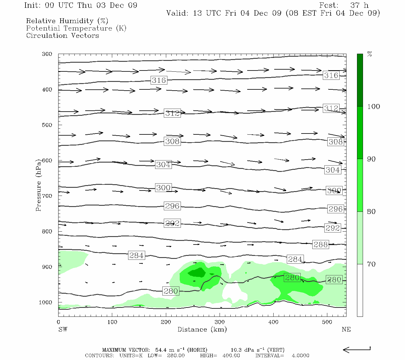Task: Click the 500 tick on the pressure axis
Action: [x=47, y=125]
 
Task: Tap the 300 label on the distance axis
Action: [x=220, y=322]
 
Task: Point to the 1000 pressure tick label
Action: [x=45, y=302]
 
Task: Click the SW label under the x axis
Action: [x=63, y=329]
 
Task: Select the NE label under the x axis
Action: [x=346, y=329]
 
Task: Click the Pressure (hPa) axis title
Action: [x=38, y=185]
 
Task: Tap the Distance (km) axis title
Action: [x=202, y=329]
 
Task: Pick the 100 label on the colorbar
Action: [x=373, y=106]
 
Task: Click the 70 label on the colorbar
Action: [x=371, y=264]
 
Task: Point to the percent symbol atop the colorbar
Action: [x=370, y=54]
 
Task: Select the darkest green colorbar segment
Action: [x=360, y=80]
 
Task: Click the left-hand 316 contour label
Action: [x=159, y=80]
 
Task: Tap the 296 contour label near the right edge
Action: [x=335, y=209]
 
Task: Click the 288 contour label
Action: [x=320, y=244]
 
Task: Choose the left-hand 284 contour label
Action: [x=136, y=255]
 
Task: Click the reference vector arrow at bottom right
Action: [x=357, y=349]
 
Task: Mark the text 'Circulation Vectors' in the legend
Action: [x=62, y=35]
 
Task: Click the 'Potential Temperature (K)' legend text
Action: [x=76, y=28]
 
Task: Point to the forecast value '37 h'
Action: [x=359, y=5]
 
